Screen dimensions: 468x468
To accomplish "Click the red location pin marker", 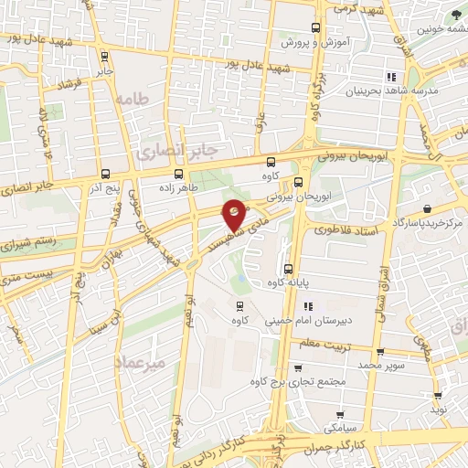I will (x=235, y=212).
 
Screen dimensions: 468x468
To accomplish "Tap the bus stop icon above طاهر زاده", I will (x=179, y=174).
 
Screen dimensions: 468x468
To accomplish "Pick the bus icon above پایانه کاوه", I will (x=289, y=269).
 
